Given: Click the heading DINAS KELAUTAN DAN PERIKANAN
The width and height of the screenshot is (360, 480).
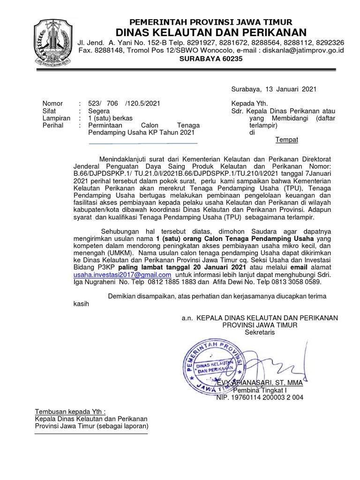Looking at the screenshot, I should [x=211, y=32].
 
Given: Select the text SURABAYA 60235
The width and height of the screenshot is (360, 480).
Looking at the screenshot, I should [x=211, y=59].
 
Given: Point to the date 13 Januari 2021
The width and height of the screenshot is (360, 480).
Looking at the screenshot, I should [x=290, y=89].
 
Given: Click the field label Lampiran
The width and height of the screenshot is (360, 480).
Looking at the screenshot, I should [x=56, y=119].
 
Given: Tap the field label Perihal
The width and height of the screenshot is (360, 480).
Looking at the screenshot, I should [x=53, y=126].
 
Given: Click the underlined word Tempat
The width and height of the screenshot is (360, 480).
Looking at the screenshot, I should [x=286, y=140].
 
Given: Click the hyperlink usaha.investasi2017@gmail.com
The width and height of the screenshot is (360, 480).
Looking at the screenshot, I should [x=122, y=275].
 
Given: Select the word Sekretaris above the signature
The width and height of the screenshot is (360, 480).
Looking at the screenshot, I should [x=260, y=332].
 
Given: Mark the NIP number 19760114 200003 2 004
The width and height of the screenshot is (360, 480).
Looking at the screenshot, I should [x=259, y=397].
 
